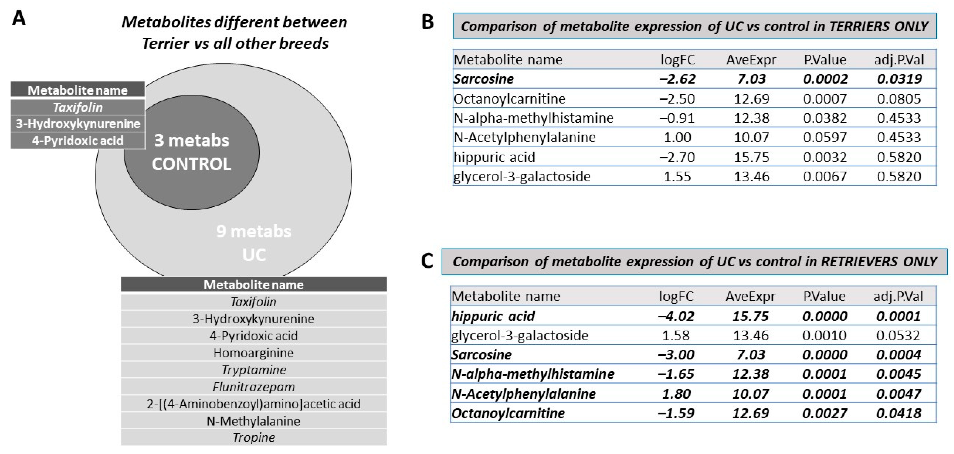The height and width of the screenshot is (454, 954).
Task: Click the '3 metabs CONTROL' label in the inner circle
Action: (191, 152)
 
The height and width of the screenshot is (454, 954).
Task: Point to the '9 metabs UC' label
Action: (254, 243)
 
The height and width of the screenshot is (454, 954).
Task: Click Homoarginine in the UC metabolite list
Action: (253, 353)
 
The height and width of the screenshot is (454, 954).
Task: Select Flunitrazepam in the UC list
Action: (254, 387)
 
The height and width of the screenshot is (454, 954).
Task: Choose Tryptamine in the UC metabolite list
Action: (254, 370)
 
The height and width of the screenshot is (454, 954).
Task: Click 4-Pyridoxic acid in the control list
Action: (77, 141)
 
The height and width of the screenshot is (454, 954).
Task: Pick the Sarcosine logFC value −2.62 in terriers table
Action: (677, 79)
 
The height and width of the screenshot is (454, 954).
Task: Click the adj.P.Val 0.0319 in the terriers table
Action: (899, 79)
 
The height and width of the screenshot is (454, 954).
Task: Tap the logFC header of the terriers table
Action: (678, 60)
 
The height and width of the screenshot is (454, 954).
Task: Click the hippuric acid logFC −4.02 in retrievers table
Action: (676, 316)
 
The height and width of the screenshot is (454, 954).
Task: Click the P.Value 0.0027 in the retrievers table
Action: (824, 413)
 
